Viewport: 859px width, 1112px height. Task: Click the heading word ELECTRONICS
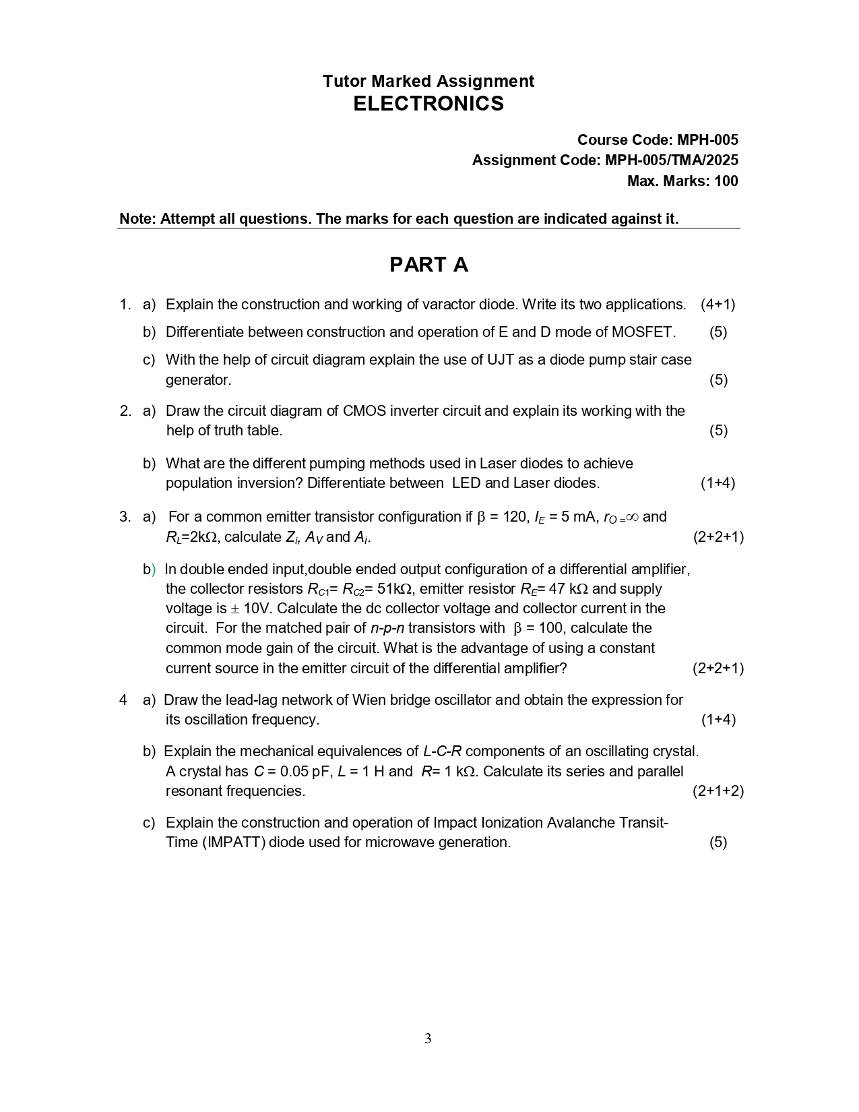pos(428,104)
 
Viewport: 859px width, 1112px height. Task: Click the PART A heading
pos(428,265)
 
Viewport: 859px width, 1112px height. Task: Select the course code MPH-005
pos(707,140)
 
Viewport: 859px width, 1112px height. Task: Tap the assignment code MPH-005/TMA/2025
pos(671,160)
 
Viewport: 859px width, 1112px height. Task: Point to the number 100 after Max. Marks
pos(726,181)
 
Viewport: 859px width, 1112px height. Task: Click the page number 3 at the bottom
pos(428,1039)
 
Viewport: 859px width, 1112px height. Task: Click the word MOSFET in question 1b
pos(641,332)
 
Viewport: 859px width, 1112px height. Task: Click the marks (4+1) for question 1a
pos(718,305)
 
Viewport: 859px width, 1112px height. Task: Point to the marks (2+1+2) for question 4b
pos(718,791)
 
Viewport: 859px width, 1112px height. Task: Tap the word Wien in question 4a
pos(367,700)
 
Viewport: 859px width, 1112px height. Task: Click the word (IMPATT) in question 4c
pos(233,842)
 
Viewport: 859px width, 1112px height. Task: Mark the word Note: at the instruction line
pos(138,219)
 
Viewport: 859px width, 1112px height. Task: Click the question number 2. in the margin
pos(125,411)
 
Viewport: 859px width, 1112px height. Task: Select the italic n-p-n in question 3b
pos(387,628)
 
